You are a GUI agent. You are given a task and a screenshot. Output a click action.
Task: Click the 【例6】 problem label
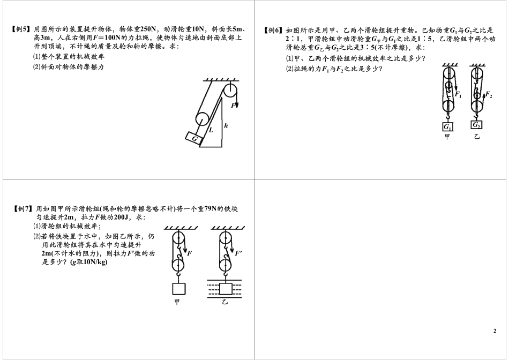(274, 30)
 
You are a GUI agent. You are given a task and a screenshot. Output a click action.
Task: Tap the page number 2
(495, 331)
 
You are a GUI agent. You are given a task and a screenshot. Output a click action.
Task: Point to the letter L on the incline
(211, 130)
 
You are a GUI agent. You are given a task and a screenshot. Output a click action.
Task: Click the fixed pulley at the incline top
(231, 90)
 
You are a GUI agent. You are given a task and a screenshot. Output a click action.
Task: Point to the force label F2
(489, 94)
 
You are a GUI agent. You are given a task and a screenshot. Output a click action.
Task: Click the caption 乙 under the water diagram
(225, 303)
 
